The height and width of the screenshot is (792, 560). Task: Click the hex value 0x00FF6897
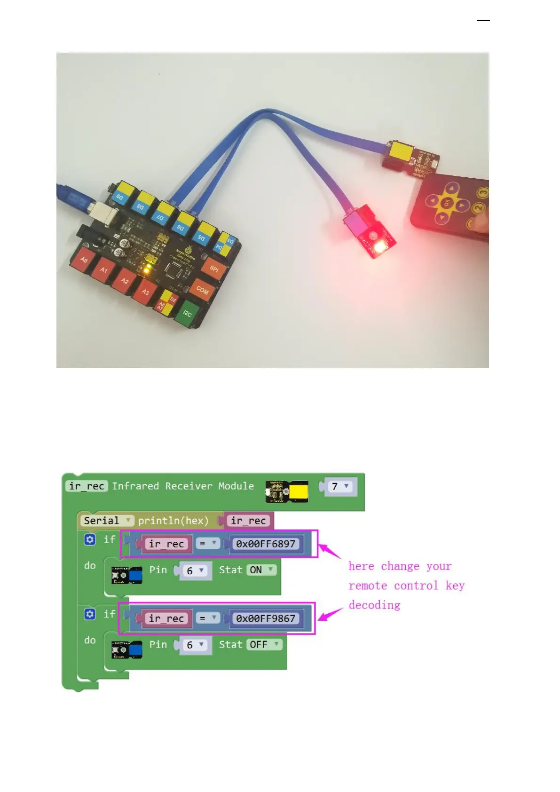pos(266,544)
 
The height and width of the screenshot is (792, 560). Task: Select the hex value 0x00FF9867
pos(266,618)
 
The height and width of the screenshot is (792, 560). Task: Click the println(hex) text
pos(173,521)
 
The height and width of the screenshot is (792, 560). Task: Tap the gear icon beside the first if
pos(90,539)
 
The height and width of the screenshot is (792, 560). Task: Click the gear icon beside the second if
pos(90,614)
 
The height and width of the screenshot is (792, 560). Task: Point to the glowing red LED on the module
pos(379,246)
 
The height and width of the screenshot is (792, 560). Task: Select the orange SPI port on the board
pos(214,269)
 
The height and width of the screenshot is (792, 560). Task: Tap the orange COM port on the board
pos(202,290)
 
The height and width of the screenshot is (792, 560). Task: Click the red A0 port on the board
pos(84,260)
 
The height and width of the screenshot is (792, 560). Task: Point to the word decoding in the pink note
pos(374,605)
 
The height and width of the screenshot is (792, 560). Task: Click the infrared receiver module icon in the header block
pos(287,491)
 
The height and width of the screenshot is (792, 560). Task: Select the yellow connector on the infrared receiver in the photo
pos(400,151)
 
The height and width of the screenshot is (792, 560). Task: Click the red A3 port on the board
pos(145,292)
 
